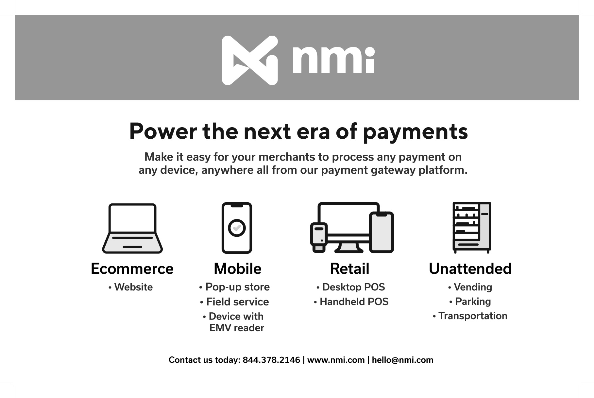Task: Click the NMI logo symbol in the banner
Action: (250, 60)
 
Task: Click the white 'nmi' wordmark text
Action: (333, 60)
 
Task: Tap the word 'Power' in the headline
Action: (163, 131)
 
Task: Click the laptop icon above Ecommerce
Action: (132, 228)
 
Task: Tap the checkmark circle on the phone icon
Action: (237, 228)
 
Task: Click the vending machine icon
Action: (472, 228)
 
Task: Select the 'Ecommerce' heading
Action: (132, 269)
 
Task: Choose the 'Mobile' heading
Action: (238, 269)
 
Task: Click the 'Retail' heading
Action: (349, 269)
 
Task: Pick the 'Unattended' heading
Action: (470, 269)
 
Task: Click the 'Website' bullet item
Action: (131, 287)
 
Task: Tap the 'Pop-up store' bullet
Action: (234, 287)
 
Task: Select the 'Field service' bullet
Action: (234, 302)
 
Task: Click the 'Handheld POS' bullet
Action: (351, 302)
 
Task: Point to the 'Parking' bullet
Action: (470, 302)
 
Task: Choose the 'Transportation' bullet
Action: (470, 316)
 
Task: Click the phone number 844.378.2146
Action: (271, 360)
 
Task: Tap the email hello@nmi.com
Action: (402, 360)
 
